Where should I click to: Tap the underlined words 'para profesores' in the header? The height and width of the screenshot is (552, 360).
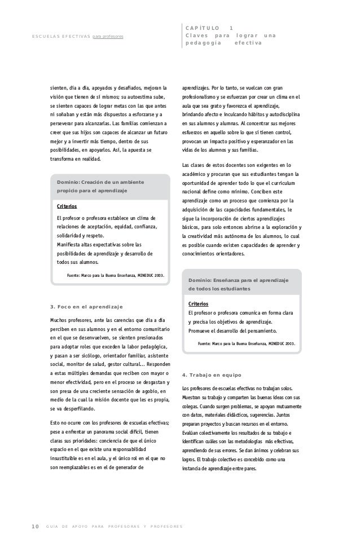tap(108, 37)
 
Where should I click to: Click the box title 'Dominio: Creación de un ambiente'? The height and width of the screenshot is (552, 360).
tap(100, 182)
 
